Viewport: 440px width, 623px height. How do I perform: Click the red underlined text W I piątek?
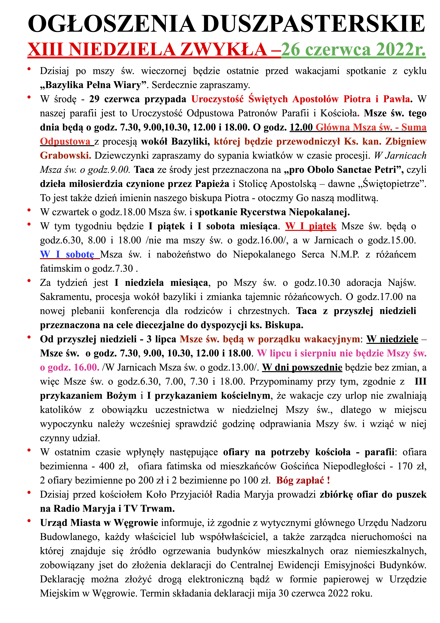tap(311, 226)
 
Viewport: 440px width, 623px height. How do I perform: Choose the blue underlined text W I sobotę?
tap(67, 254)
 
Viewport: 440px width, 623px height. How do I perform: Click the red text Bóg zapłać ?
tap(303, 480)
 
